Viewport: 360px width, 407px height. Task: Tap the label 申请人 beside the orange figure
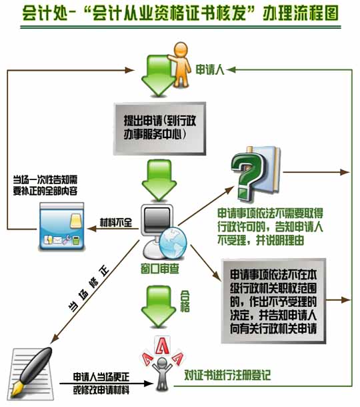209,69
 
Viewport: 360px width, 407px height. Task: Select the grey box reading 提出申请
159,129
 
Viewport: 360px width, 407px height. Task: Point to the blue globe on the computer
173,243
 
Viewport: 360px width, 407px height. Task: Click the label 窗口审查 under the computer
160,269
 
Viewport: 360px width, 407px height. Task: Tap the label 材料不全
116,222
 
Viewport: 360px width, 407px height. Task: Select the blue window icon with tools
62,226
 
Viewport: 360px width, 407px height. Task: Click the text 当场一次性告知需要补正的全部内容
45,185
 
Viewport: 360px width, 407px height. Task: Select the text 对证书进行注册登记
227,375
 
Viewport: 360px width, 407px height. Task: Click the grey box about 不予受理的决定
273,301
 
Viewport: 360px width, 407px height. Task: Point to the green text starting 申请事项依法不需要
270,227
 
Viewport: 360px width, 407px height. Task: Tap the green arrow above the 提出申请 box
158,75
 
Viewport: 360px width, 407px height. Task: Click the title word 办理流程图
301,13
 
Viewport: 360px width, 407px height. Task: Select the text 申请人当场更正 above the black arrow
101,377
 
